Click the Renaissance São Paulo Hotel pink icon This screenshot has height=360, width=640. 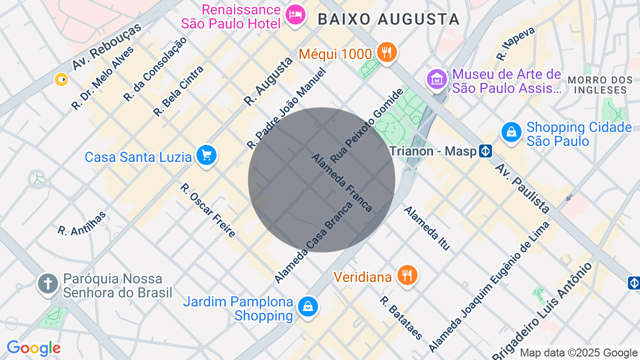(295, 14)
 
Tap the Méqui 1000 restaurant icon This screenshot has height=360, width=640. (386, 52)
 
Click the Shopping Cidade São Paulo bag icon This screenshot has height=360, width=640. (511, 133)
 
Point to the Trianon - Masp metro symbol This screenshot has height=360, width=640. (485, 151)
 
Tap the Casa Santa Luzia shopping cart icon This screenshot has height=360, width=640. (206, 155)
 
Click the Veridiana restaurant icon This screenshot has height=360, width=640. (408, 275)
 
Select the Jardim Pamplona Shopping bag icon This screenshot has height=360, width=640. (308, 306)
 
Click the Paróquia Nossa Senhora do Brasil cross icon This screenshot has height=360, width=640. (48, 283)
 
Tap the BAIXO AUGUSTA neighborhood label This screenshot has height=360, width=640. (388, 19)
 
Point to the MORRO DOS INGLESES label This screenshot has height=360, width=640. (600, 85)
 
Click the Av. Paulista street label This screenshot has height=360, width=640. (522, 188)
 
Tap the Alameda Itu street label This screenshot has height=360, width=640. (427, 228)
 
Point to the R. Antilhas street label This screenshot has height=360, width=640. (82, 223)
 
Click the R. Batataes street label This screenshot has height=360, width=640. (401, 317)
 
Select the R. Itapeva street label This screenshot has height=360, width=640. (515, 43)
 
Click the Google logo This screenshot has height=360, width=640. (33, 348)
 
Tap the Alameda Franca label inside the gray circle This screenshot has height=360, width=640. (342, 182)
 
